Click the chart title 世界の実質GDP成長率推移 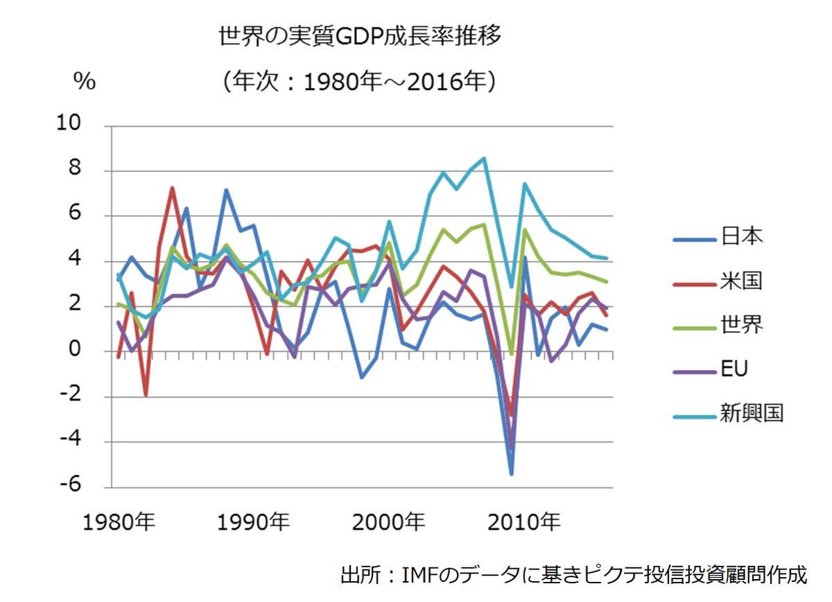point(359,36)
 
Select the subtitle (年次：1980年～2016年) point(359,82)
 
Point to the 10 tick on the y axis point(72,125)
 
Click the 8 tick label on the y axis point(76,170)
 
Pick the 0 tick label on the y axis point(76,351)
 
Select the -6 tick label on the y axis point(72,486)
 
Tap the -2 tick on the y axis point(72,396)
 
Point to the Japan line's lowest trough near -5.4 point(511,474)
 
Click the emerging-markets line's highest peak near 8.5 point(484,158)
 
